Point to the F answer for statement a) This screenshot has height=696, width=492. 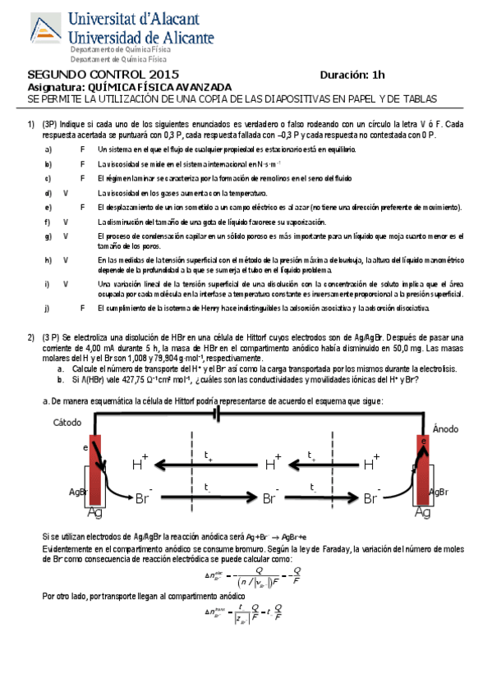[82, 149]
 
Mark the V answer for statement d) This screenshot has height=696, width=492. [64, 192]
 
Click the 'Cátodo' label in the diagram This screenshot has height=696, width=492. [69, 424]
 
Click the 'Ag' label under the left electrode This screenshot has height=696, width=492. [95, 514]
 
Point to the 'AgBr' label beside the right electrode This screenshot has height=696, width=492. [440, 492]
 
